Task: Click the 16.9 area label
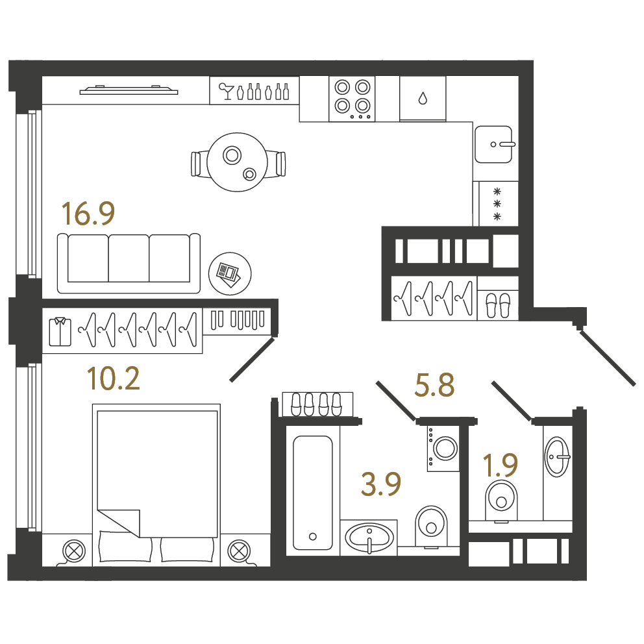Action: click(x=88, y=214)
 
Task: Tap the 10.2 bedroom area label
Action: click(x=114, y=378)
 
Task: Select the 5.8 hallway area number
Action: click(x=434, y=385)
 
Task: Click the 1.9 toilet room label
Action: click(x=500, y=465)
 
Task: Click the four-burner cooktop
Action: click(x=352, y=99)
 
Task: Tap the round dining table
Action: click(x=238, y=162)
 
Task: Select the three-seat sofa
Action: click(x=129, y=264)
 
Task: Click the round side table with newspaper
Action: click(x=230, y=273)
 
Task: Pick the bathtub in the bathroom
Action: click(x=312, y=493)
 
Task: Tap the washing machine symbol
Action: click(x=443, y=448)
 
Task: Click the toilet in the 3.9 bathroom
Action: click(x=431, y=526)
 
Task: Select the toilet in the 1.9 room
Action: click(x=501, y=501)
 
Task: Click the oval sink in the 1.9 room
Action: click(x=557, y=456)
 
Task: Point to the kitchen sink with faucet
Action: click(x=493, y=144)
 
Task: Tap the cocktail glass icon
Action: click(x=226, y=91)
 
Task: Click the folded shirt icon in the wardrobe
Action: click(x=60, y=332)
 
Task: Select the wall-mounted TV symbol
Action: click(x=129, y=90)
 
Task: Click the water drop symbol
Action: click(x=423, y=99)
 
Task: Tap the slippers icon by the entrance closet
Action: click(x=498, y=306)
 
